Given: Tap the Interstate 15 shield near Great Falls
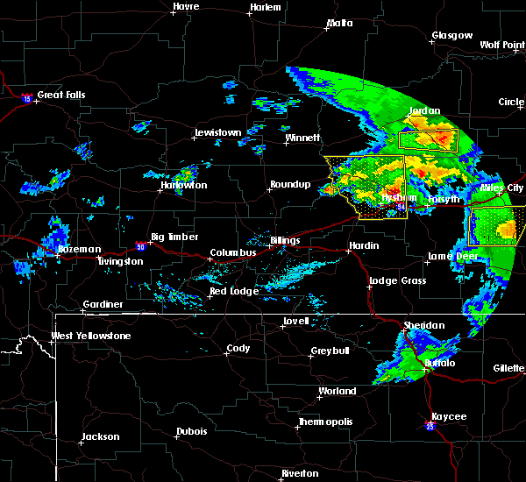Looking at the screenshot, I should tap(28, 99).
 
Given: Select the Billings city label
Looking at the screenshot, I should tap(285, 240).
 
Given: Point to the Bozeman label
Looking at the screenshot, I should tap(79, 249).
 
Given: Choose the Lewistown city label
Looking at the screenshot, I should tap(217, 132).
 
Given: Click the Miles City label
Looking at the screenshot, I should tap(502, 188).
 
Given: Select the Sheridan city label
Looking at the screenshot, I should tap(425, 325).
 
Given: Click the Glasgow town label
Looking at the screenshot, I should tap(451, 36).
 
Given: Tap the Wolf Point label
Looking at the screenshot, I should tap(501, 44).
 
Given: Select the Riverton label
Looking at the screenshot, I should tap(300, 473).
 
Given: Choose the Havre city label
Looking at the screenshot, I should tap(186, 6).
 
